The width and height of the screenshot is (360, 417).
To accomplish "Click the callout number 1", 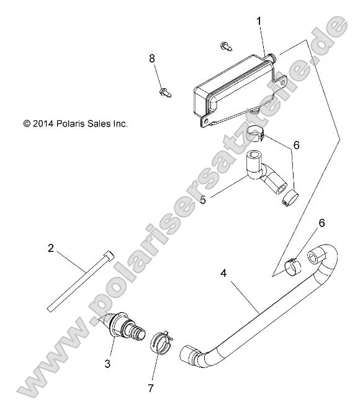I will click(x=259, y=20).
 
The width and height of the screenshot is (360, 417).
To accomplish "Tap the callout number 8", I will click(x=151, y=59).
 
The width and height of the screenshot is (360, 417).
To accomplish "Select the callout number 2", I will click(x=51, y=248).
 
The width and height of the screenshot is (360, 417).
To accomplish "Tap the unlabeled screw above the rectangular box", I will click(x=225, y=45).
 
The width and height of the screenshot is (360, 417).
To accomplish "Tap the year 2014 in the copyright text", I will click(x=42, y=123).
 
